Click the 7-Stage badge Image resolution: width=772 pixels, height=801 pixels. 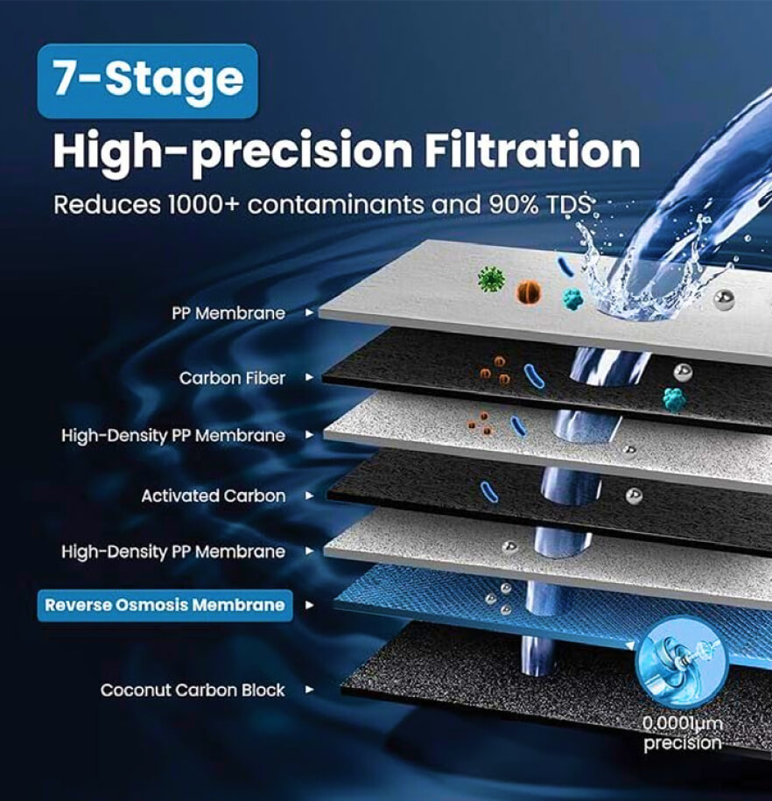click(x=148, y=81)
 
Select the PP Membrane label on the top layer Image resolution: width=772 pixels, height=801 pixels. click(x=228, y=313)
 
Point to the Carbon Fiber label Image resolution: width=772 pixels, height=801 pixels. click(x=232, y=378)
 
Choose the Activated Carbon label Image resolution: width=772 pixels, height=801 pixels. click(x=213, y=495)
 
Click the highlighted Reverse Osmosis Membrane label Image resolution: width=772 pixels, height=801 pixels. click(x=165, y=606)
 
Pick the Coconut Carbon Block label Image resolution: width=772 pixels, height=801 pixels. click(x=193, y=690)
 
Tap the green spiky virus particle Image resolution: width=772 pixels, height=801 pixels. click(x=492, y=279)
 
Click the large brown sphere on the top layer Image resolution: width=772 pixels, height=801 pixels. click(x=529, y=292)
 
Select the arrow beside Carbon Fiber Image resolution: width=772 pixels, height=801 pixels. click(x=309, y=377)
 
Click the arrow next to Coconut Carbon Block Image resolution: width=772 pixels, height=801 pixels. click(x=309, y=690)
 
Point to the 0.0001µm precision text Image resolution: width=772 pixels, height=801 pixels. click(x=683, y=733)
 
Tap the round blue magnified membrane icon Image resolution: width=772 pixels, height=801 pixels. click(x=682, y=663)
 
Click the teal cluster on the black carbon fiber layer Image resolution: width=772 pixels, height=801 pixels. click(x=675, y=399)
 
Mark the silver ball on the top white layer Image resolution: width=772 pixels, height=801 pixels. click(x=724, y=300)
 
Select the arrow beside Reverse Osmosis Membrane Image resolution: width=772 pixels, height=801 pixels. click(x=309, y=606)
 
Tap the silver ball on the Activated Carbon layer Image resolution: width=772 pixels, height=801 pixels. click(x=634, y=496)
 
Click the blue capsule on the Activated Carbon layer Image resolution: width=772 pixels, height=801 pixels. click(x=489, y=491)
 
